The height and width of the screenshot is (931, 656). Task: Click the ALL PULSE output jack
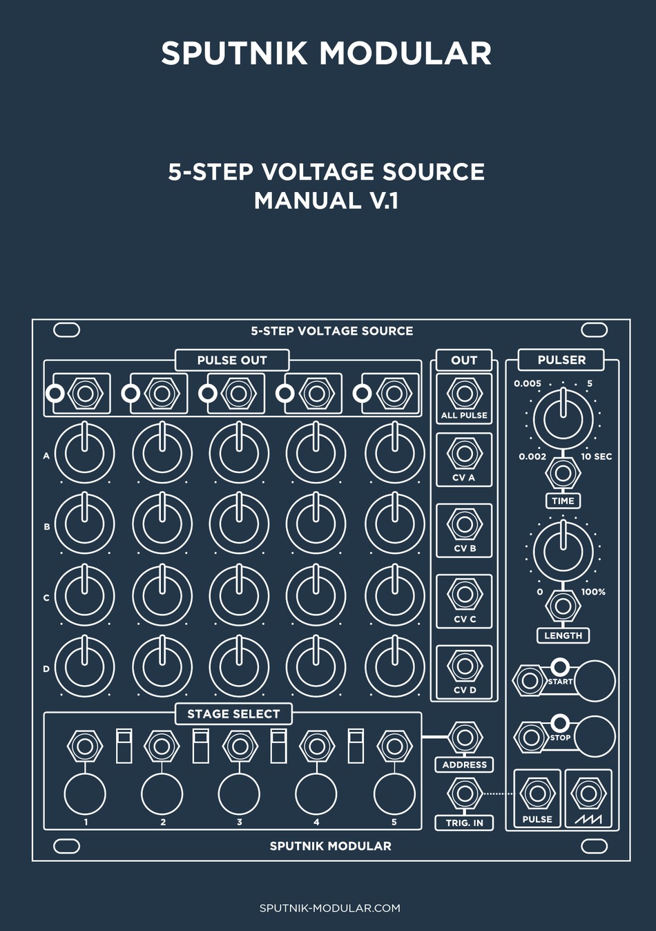pos(464,394)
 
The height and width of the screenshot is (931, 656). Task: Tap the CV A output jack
pos(464,454)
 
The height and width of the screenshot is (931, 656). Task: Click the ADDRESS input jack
pos(464,738)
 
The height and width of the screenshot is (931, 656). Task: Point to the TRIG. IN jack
pos(464,794)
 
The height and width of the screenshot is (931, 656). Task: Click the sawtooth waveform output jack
pos(588,794)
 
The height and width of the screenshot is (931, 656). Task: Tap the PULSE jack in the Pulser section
pos(537,794)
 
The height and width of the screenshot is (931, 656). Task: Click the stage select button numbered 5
pos(394,794)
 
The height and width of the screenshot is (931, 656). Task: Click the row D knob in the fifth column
pos(394,666)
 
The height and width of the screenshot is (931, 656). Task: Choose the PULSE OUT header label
pos(231,360)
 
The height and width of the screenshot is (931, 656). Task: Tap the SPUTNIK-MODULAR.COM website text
pos(329,908)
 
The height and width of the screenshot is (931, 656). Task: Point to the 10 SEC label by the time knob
pos(596,457)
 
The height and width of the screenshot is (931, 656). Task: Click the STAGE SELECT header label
pos(233,714)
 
